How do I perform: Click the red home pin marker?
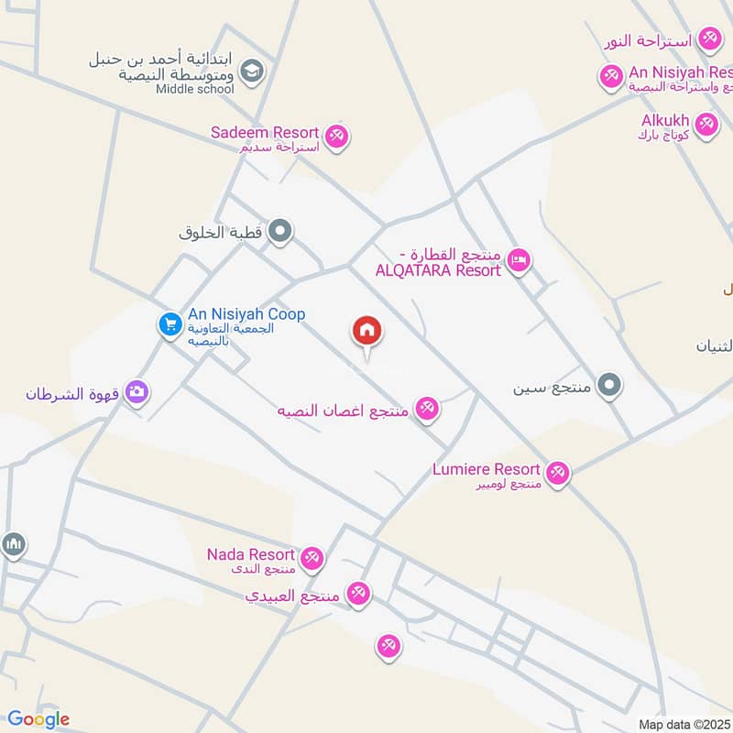[367, 332]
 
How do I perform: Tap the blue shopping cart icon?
[170, 324]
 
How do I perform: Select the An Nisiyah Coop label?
[246, 314]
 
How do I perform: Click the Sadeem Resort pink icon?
[337, 136]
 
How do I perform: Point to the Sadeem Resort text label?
[265, 133]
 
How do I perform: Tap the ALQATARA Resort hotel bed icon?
[519, 261]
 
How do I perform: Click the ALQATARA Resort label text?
[438, 270]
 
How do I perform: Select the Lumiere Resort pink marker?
[557, 474]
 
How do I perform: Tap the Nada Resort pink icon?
[312, 557]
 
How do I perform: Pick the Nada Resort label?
[251, 555]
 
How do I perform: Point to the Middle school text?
[194, 89]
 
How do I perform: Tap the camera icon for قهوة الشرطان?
[137, 393]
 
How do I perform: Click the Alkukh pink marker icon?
[706, 125]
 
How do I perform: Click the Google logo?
[38, 719]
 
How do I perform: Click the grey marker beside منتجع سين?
[609, 385]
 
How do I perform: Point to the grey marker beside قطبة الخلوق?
[281, 233]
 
